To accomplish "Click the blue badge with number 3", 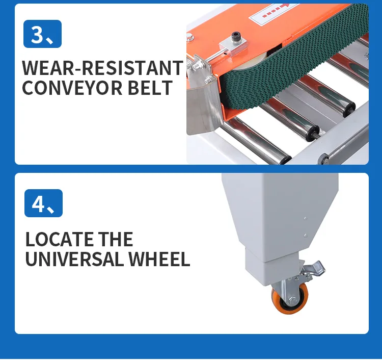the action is (x=42, y=34).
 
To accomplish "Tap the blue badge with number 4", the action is (x=43, y=203).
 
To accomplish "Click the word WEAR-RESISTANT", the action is (x=102, y=68).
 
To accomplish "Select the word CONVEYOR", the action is (x=72, y=88).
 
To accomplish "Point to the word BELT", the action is (x=150, y=88).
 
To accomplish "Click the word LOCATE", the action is (x=59, y=239).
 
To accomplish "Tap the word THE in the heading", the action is (x=116, y=239).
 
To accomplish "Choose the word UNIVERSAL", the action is (x=74, y=259).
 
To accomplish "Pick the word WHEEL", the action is (x=159, y=259).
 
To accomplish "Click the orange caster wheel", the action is (x=290, y=299).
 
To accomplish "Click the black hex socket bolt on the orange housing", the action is (x=236, y=36).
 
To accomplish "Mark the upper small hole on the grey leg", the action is (x=305, y=218).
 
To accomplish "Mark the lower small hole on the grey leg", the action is (x=305, y=236).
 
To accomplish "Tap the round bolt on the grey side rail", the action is (x=324, y=159).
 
